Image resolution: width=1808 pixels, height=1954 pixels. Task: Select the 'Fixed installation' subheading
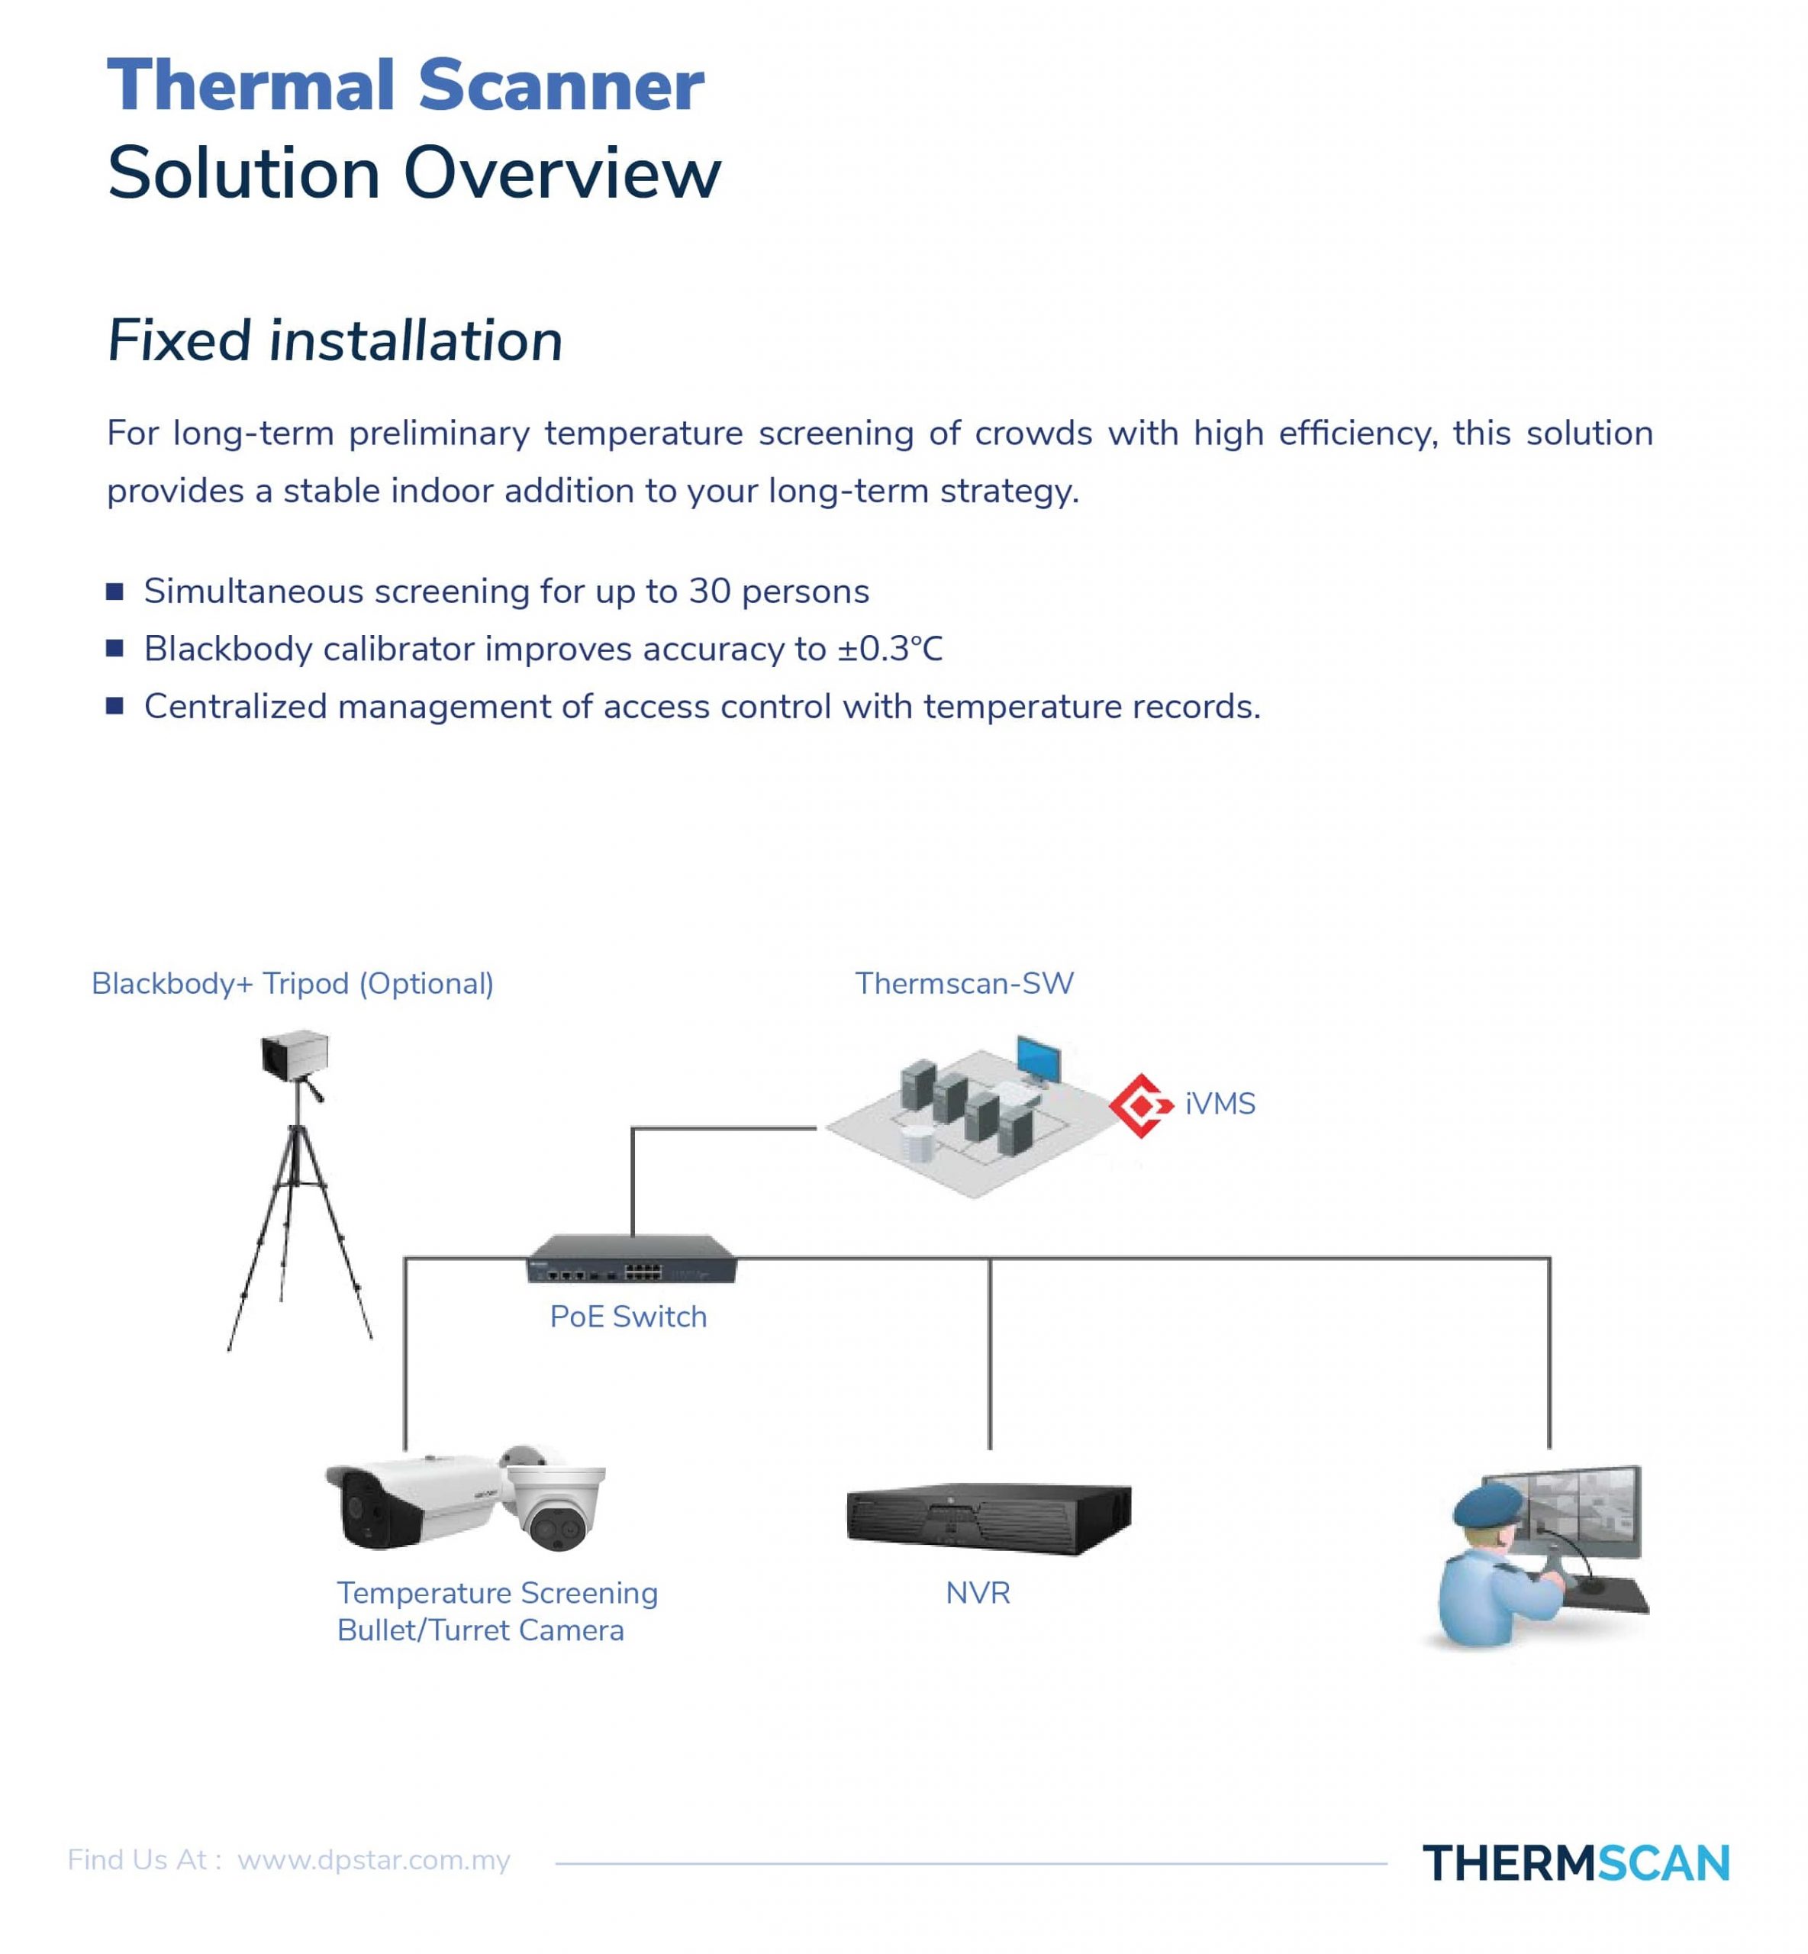(x=334, y=340)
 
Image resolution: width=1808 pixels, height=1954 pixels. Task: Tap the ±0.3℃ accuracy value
(x=891, y=649)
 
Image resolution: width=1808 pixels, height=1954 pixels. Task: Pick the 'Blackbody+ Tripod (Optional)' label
(x=292, y=983)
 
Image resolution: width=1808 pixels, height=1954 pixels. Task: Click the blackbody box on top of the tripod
(x=295, y=1055)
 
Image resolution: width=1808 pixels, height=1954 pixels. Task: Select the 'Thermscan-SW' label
(x=965, y=983)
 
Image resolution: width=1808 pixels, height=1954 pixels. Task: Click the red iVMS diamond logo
(x=1141, y=1106)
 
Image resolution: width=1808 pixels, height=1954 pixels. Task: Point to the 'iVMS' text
(x=1220, y=1104)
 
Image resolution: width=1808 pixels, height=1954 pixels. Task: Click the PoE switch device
(x=632, y=1259)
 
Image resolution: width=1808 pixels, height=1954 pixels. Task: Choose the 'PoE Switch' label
(x=628, y=1317)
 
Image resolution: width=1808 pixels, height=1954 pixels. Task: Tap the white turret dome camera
(x=554, y=1497)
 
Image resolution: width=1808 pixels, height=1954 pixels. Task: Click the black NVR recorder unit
(x=988, y=1519)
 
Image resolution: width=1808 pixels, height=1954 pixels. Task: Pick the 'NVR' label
(x=978, y=1594)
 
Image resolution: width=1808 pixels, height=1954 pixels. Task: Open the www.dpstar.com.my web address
(x=374, y=1860)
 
